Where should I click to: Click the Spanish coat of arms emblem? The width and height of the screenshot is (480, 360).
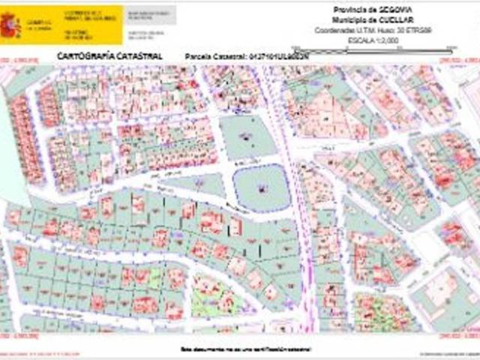(10, 25)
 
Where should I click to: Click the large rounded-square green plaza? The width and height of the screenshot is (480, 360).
(260, 188)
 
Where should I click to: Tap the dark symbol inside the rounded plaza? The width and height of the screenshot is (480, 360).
(260, 189)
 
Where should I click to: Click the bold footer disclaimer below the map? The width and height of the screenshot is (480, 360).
(244, 349)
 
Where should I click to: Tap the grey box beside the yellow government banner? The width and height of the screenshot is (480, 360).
(149, 24)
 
